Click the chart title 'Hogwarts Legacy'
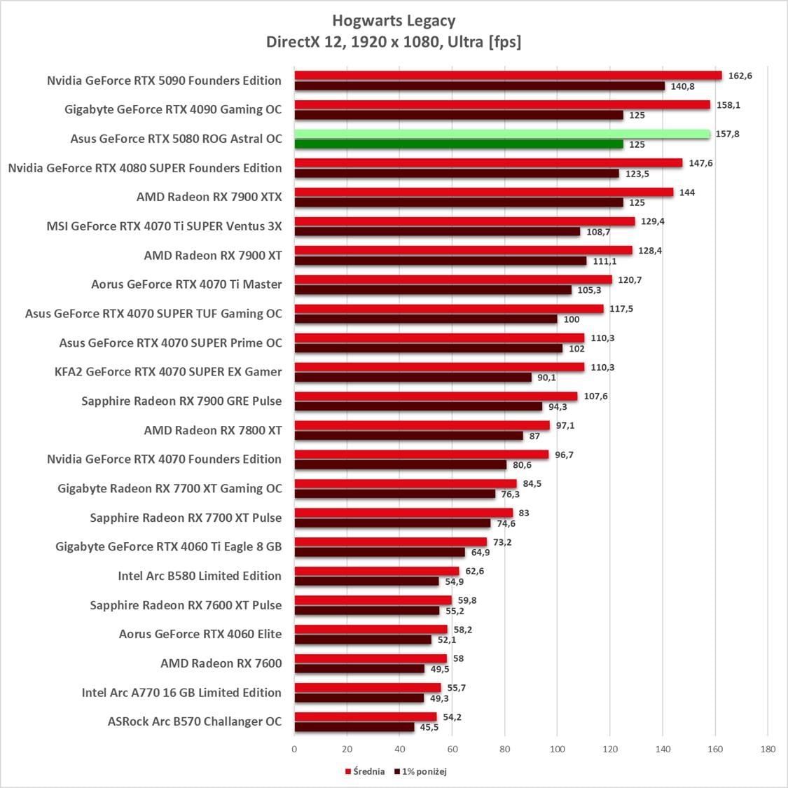[x=394, y=20]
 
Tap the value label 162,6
[x=740, y=76]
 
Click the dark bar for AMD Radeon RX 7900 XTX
[x=458, y=202]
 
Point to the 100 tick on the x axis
[x=557, y=749]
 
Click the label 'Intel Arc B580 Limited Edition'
[x=200, y=576]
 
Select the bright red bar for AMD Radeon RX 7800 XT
[x=422, y=425]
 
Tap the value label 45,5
[x=429, y=727]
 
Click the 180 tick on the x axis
[x=768, y=749]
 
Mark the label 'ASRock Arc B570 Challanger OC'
[x=195, y=721]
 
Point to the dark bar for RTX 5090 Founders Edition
[x=479, y=86]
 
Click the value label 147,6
[x=700, y=163]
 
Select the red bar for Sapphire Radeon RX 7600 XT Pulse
[x=373, y=600]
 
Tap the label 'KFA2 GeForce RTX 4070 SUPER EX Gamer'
[x=168, y=372]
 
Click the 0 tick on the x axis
[x=294, y=749]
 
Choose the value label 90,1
[x=546, y=378]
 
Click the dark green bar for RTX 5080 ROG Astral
[x=458, y=144]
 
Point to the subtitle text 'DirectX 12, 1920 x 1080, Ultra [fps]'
[x=394, y=42]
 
